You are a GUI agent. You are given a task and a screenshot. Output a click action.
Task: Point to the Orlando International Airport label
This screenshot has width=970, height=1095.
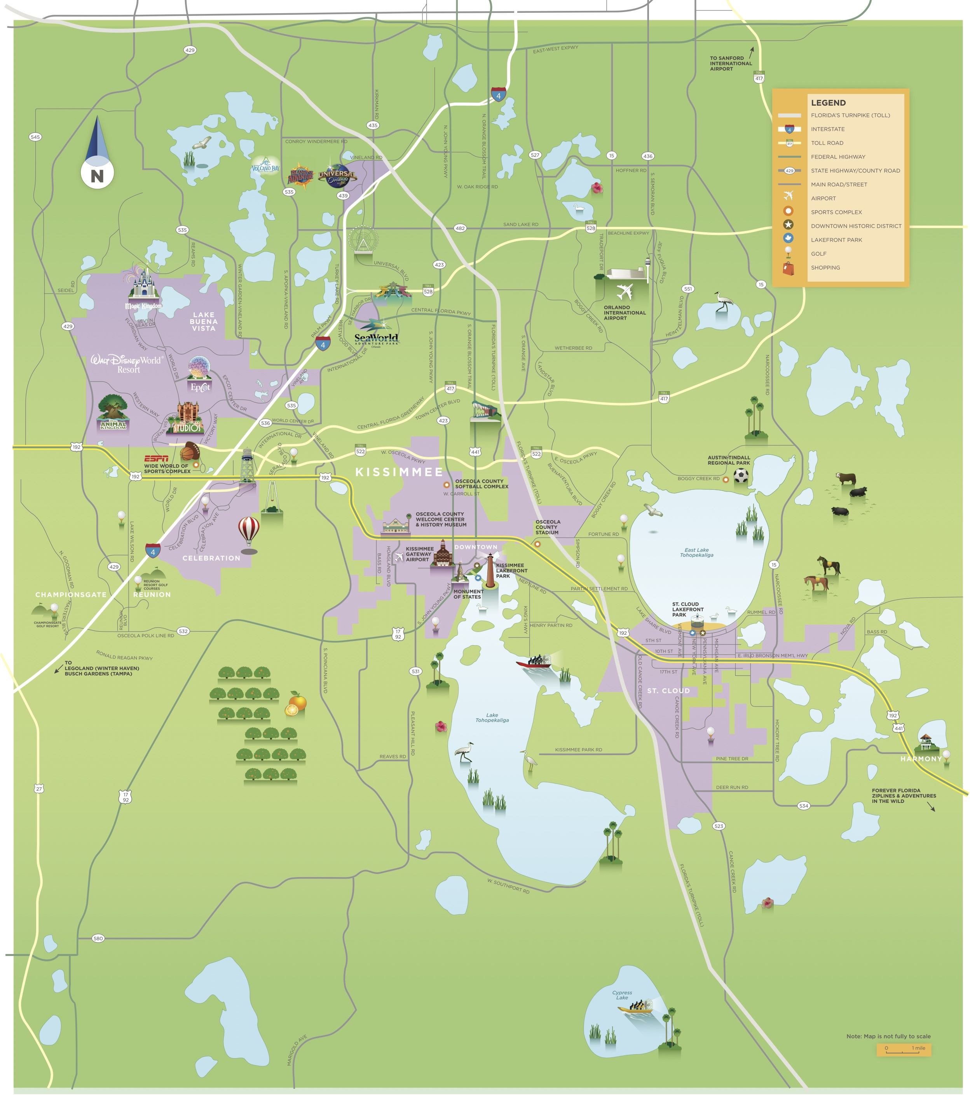[625, 313]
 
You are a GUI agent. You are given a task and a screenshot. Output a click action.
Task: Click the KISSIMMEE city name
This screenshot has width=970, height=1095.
[399, 472]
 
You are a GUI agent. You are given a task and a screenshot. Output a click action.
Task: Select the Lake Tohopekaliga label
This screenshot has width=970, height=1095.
[492, 718]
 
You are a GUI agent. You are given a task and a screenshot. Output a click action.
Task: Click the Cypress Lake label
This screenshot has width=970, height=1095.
[622, 995]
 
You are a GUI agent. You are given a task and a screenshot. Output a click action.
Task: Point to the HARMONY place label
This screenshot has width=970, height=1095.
[921, 759]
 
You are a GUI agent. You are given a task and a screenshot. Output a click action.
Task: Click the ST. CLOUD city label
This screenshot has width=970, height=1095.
[668, 691]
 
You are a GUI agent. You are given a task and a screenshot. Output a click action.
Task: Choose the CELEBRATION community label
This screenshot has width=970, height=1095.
[211, 558]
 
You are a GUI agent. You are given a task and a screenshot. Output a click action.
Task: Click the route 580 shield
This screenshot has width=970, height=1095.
[98, 938]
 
